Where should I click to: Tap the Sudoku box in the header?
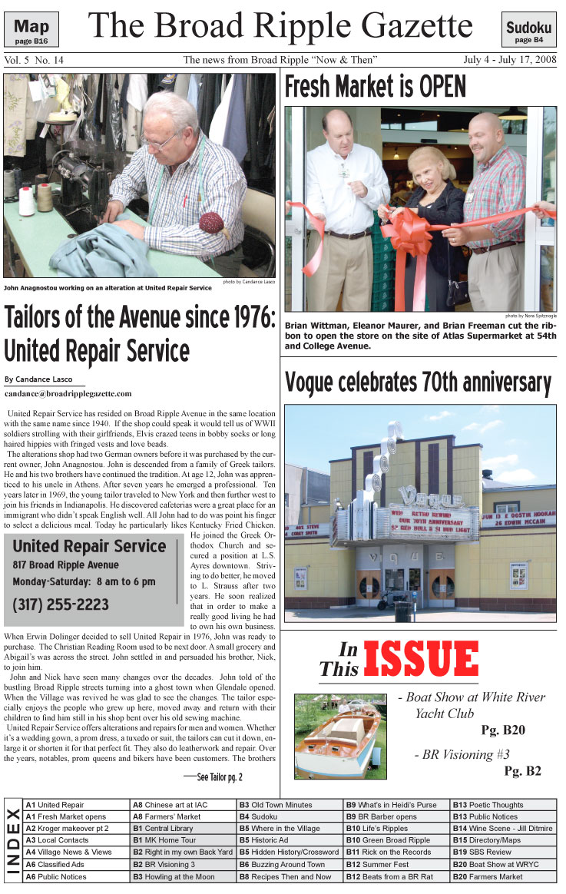pos(528,31)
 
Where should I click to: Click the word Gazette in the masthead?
pos(404,27)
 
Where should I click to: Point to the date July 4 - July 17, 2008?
pos(510,60)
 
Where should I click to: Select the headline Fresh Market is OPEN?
pos(375,88)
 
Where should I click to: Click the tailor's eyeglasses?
pos(157,141)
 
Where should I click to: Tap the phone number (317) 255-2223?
pos(61,604)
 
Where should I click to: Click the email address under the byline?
pos(68,393)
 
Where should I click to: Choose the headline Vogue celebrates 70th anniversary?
pos(418,382)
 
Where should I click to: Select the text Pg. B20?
pos(503,730)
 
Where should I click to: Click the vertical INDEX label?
pos(13,841)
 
